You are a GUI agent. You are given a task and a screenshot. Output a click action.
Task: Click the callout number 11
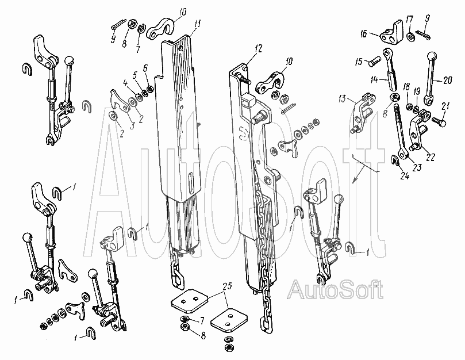click(198, 24)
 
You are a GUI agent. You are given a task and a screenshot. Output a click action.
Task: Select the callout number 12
click(259, 48)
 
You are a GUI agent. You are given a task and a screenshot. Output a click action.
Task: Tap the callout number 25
click(228, 287)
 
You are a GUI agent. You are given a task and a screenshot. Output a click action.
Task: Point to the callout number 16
click(364, 33)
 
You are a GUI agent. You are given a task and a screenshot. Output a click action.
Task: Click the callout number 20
click(448, 80)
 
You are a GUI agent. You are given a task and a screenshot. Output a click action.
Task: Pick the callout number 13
click(342, 98)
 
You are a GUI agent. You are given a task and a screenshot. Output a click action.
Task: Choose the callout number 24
click(405, 176)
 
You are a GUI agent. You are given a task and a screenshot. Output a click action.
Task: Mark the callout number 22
click(431, 157)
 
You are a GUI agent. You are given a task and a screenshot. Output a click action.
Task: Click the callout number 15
click(359, 62)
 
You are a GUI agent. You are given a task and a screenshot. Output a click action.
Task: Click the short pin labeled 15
click(373, 63)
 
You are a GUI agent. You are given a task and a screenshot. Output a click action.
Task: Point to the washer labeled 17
click(411, 37)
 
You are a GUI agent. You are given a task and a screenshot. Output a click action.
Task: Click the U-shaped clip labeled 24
click(395, 160)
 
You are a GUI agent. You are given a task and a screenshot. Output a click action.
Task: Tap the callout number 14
click(374, 79)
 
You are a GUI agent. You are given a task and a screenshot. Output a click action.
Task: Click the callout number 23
click(417, 167)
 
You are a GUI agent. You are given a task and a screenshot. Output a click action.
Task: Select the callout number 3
click(132, 125)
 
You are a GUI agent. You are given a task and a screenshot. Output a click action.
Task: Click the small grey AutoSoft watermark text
click(335, 289)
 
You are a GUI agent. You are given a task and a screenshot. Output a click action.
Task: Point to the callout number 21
click(445, 106)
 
